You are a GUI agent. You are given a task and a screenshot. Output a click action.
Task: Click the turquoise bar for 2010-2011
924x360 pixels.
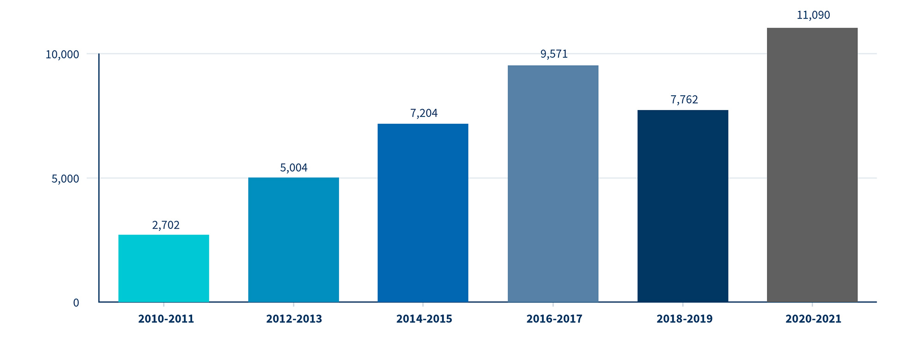pos(164,268)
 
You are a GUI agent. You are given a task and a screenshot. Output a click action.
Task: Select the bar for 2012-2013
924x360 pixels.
pos(293,240)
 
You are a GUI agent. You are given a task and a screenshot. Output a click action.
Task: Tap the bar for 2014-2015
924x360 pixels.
pos(423,213)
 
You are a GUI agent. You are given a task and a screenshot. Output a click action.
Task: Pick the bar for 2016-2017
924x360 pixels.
pos(553,184)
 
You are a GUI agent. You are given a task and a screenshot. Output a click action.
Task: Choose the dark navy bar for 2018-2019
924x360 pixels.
pos(683,206)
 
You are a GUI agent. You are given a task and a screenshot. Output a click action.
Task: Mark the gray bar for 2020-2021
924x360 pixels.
pos(812,165)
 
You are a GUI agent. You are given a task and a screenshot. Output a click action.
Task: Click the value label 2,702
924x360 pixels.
pos(166,226)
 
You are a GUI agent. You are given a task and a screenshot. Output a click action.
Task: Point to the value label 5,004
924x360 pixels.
pos(294,168)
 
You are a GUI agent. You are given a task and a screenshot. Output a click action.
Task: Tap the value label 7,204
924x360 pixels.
pos(424,113)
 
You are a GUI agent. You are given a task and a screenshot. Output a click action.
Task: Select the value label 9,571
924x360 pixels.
pos(554,55)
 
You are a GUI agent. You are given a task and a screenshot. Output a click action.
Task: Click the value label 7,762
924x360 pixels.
pos(684,100)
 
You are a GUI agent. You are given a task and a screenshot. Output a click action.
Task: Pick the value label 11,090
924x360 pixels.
pos(813,15)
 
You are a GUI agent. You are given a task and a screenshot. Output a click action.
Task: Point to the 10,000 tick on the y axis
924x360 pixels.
pos(62,55)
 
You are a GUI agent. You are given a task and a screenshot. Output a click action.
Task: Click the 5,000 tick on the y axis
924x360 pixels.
pos(65,179)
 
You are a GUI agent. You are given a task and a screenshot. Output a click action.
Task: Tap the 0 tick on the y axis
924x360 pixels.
pos(76,303)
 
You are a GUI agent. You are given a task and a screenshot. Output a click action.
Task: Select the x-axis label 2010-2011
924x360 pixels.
pos(166,319)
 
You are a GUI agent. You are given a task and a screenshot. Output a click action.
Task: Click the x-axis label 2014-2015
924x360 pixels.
pos(424,319)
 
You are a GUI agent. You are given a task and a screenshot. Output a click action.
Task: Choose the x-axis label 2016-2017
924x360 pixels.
pos(554,319)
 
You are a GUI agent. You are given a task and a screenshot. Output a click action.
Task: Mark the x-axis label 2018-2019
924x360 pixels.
pos(685,319)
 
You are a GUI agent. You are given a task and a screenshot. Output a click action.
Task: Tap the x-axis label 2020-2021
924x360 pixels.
pos(814,319)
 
